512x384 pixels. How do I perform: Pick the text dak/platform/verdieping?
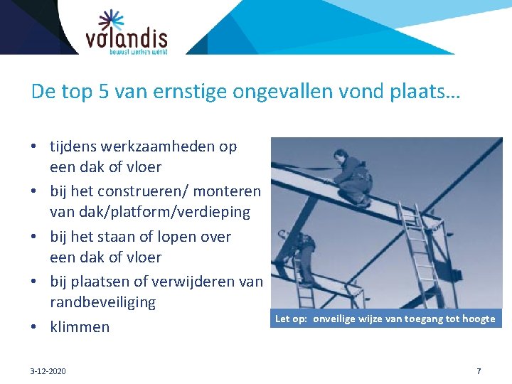tap(150, 212)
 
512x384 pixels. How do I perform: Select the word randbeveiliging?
tap(102, 302)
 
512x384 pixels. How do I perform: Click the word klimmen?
tap(80, 327)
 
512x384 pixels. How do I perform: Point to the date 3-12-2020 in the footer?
tap(48, 370)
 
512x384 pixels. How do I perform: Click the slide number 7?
tap(479, 370)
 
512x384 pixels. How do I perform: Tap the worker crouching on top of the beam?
tap(353, 179)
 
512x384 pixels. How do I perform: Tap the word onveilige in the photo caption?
tap(338, 319)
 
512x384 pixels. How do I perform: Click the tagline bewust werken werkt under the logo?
tap(138, 51)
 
